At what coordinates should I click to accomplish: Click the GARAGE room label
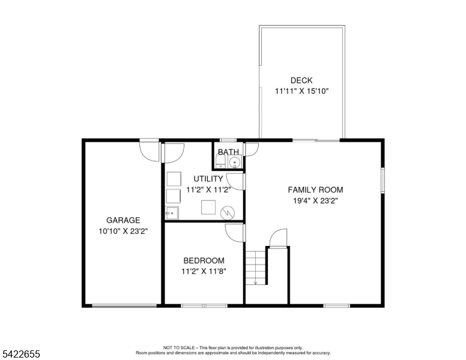click(123, 220)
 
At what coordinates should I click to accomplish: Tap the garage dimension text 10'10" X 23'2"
click(123, 230)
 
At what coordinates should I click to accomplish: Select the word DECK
click(301, 80)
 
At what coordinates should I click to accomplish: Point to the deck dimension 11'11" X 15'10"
click(301, 91)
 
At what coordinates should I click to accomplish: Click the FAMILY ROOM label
click(315, 190)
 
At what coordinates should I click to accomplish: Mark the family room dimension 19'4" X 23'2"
click(315, 201)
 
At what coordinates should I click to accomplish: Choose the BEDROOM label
click(204, 260)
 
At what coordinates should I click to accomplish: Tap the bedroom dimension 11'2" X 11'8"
click(204, 271)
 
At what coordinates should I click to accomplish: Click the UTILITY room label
click(208, 179)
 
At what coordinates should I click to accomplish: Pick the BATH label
click(228, 152)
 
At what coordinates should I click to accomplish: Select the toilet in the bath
click(220, 161)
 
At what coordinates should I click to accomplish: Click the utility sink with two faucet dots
click(172, 212)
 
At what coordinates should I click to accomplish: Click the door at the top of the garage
click(149, 149)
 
